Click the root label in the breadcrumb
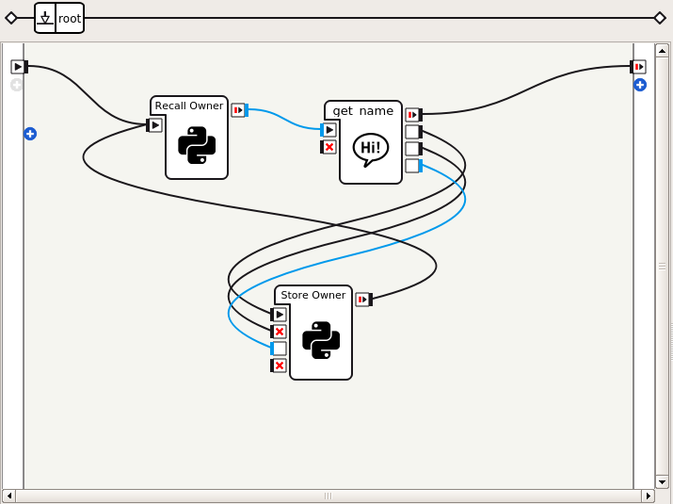tap(70, 18)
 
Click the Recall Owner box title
tap(188, 106)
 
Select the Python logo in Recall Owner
tap(197, 146)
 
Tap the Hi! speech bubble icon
tap(371, 148)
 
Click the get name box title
tap(362, 110)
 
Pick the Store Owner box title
tap(312, 295)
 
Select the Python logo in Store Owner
tap(321, 340)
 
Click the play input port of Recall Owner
tap(155, 125)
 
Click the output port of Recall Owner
tap(239, 110)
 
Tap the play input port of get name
tap(328, 130)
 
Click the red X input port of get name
tap(328, 147)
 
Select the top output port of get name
tap(412, 115)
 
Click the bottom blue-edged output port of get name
tap(412, 166)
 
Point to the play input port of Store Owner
tap(279, 315)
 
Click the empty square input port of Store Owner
tap(279, 349)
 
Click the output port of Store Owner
tap(363, 300)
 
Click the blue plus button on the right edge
tap(640, 85)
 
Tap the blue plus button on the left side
tap(30, 134)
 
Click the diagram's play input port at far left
tap(18, 67)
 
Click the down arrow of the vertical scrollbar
tap(662, 480)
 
